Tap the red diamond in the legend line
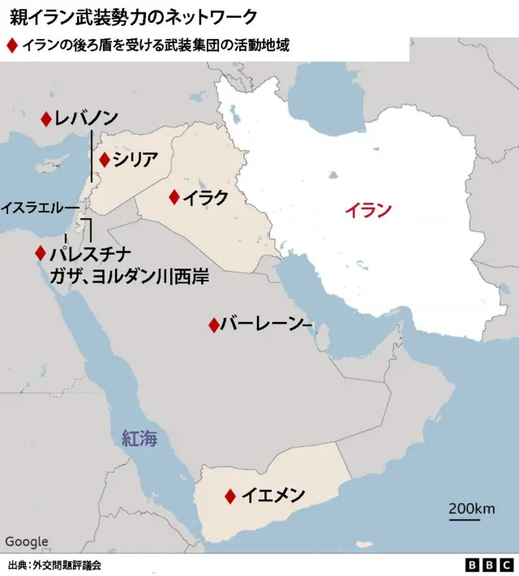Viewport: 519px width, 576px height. coord(11,46)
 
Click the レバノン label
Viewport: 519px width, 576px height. coord(87,119)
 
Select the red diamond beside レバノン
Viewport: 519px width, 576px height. coord(46,119)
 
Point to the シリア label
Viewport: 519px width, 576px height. coord(135,160)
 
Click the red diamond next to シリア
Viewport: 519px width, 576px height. coord(104,160)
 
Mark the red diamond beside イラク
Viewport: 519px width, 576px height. coord(174,197)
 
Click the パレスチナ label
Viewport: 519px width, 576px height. coord(90,253)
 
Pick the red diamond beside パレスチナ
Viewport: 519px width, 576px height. coord(40,253)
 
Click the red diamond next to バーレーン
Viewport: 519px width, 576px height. coord(213,325)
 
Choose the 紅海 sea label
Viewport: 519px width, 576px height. coord(139,439)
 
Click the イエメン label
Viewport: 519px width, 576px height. coord(273,495)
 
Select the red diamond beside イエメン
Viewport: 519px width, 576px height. coord(231,496)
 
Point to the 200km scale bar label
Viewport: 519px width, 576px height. coord(472,508)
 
